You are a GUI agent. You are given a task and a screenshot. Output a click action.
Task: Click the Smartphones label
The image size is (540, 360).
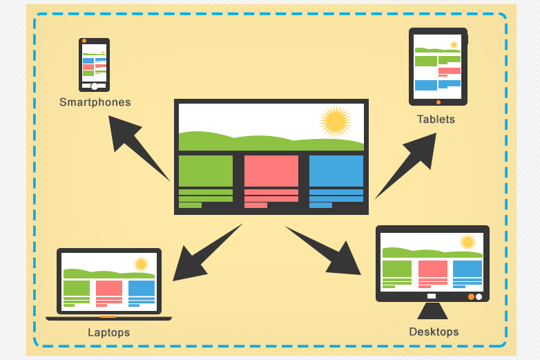(x=95, y=102)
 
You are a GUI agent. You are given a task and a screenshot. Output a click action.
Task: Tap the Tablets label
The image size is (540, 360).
(x=436, y=120)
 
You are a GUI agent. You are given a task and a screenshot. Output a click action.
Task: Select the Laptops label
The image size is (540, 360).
(x=109, y=332)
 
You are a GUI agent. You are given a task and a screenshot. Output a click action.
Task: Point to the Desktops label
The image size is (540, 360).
(x=434, y=332)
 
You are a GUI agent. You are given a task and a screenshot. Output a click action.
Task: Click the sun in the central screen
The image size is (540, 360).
(x=336, y=121)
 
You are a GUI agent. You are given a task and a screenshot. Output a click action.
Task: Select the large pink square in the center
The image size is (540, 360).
(x=271, y=171)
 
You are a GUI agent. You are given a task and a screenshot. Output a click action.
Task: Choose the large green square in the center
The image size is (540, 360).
(x=206, y=171)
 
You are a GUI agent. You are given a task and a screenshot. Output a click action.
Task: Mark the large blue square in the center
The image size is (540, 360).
(x=336, y=171)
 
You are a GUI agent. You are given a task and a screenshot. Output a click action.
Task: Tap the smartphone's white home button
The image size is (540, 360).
(x=95, y=86)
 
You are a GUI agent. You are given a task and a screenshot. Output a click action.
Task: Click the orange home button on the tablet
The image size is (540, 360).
(x=438, y=102)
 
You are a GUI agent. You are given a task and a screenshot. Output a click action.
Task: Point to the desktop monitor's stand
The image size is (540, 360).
(x=432, y=311)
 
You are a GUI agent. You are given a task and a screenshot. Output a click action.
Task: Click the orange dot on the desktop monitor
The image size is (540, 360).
(x=471, y=296)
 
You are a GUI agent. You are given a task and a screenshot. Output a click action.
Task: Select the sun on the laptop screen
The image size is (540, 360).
(x=141, y=264)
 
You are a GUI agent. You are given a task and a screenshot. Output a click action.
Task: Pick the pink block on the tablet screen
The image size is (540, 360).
(x=450, y=70)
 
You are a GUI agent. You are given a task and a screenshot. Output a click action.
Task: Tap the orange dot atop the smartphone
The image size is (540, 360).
(x=84, y=41)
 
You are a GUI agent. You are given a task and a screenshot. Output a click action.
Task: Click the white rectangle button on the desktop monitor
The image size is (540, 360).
(x=432, y=296)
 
